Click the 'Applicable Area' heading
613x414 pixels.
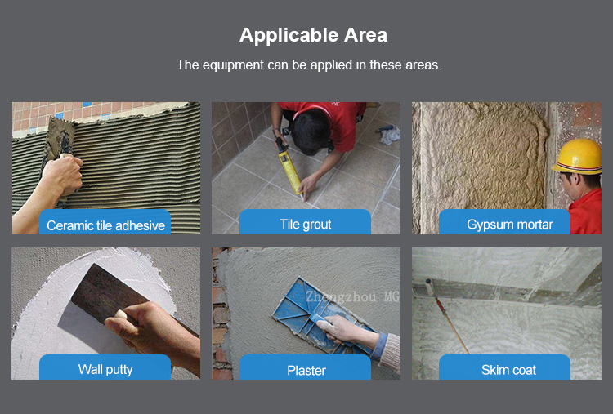click(x=313, y=35)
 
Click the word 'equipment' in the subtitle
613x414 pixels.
click(x=233, y=65)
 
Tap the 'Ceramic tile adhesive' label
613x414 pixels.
click(x=105, y=225)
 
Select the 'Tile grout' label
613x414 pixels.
click(x=306, y=225)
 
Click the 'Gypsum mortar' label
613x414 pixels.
click(x=510, y=225)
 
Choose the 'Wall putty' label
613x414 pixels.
click(x=105, y=369)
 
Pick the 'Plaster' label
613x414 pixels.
click(x=306, y=370)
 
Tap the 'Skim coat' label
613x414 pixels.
click(x=508, y=370)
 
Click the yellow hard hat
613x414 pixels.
click(x=578, y=156)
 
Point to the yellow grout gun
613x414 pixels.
click(x=289, y=168)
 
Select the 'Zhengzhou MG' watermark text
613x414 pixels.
click(x=352, y=296)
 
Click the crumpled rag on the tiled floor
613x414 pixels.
click(x=391, y=135)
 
